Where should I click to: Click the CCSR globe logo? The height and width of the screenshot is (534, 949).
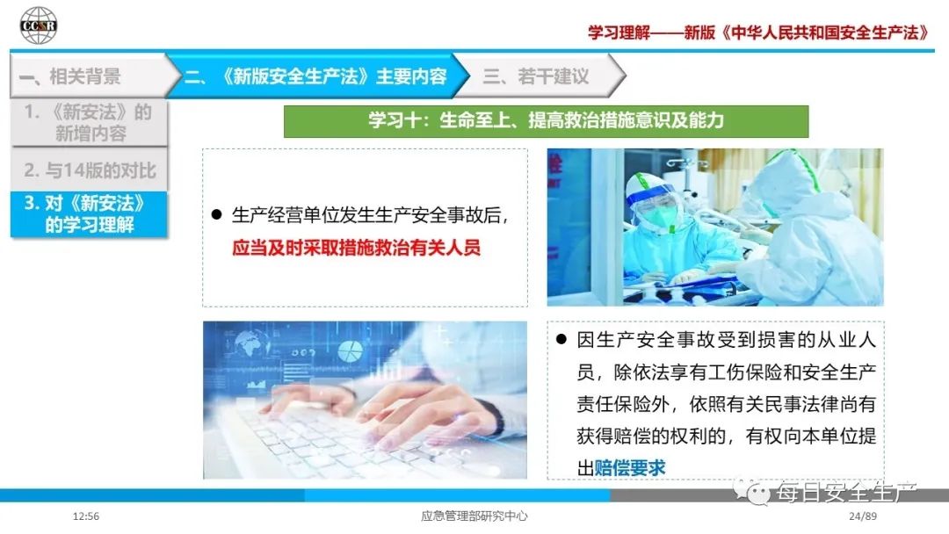pos(38,25)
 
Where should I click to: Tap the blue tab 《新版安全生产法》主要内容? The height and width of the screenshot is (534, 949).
pos(315,76)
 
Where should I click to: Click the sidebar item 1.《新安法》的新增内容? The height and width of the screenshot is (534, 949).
pos(89,122)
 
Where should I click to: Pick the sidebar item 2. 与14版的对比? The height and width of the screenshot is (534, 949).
pos(89,170)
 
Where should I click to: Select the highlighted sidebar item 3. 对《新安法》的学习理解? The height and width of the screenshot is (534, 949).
pos(89,214)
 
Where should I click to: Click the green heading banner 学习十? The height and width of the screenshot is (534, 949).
pos(546,121)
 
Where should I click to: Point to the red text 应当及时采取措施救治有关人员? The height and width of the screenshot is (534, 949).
pos(356,248)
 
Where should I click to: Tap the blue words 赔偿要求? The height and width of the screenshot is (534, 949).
pos(630,467)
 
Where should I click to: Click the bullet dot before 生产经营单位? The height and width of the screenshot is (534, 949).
pos(217,214)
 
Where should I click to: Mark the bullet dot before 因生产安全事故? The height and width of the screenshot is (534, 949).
pos(561,339)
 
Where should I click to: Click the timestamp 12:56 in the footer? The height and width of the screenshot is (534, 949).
pos(85,516)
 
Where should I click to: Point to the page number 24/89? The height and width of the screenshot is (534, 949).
pos(863,516)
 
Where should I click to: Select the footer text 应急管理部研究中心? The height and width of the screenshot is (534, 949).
pos(474,516)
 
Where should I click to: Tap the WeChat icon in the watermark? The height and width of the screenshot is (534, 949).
pos(751,492)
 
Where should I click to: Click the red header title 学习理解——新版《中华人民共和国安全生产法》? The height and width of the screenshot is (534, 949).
pos(758,32)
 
